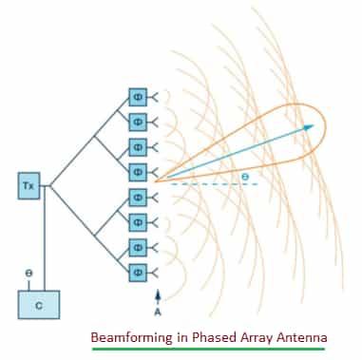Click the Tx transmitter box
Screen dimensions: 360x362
(x=28, y=185)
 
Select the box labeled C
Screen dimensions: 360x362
(x=39, y=304)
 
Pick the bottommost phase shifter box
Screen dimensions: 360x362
(x=137, y=271)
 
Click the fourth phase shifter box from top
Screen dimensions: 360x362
(x=137, y=172)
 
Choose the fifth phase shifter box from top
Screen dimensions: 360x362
(x=137, y=197)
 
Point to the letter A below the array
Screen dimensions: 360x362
(x=158, y=309)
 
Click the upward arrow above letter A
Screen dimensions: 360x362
(x=158, y=293)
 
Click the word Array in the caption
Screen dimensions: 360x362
(x=249, y=337)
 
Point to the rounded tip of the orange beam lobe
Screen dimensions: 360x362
(x=327, y=123)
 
